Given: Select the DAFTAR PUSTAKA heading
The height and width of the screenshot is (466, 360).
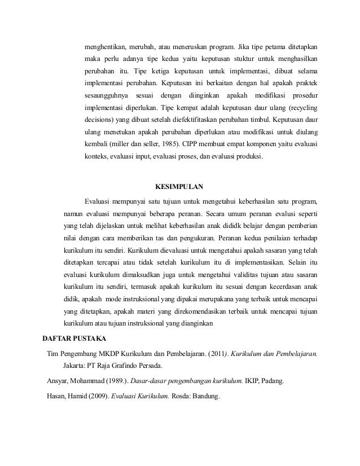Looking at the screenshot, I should [78, 338].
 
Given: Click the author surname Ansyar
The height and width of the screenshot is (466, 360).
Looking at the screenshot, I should [58, 380].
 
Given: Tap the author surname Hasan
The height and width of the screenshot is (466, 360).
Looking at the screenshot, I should [56, 395].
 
